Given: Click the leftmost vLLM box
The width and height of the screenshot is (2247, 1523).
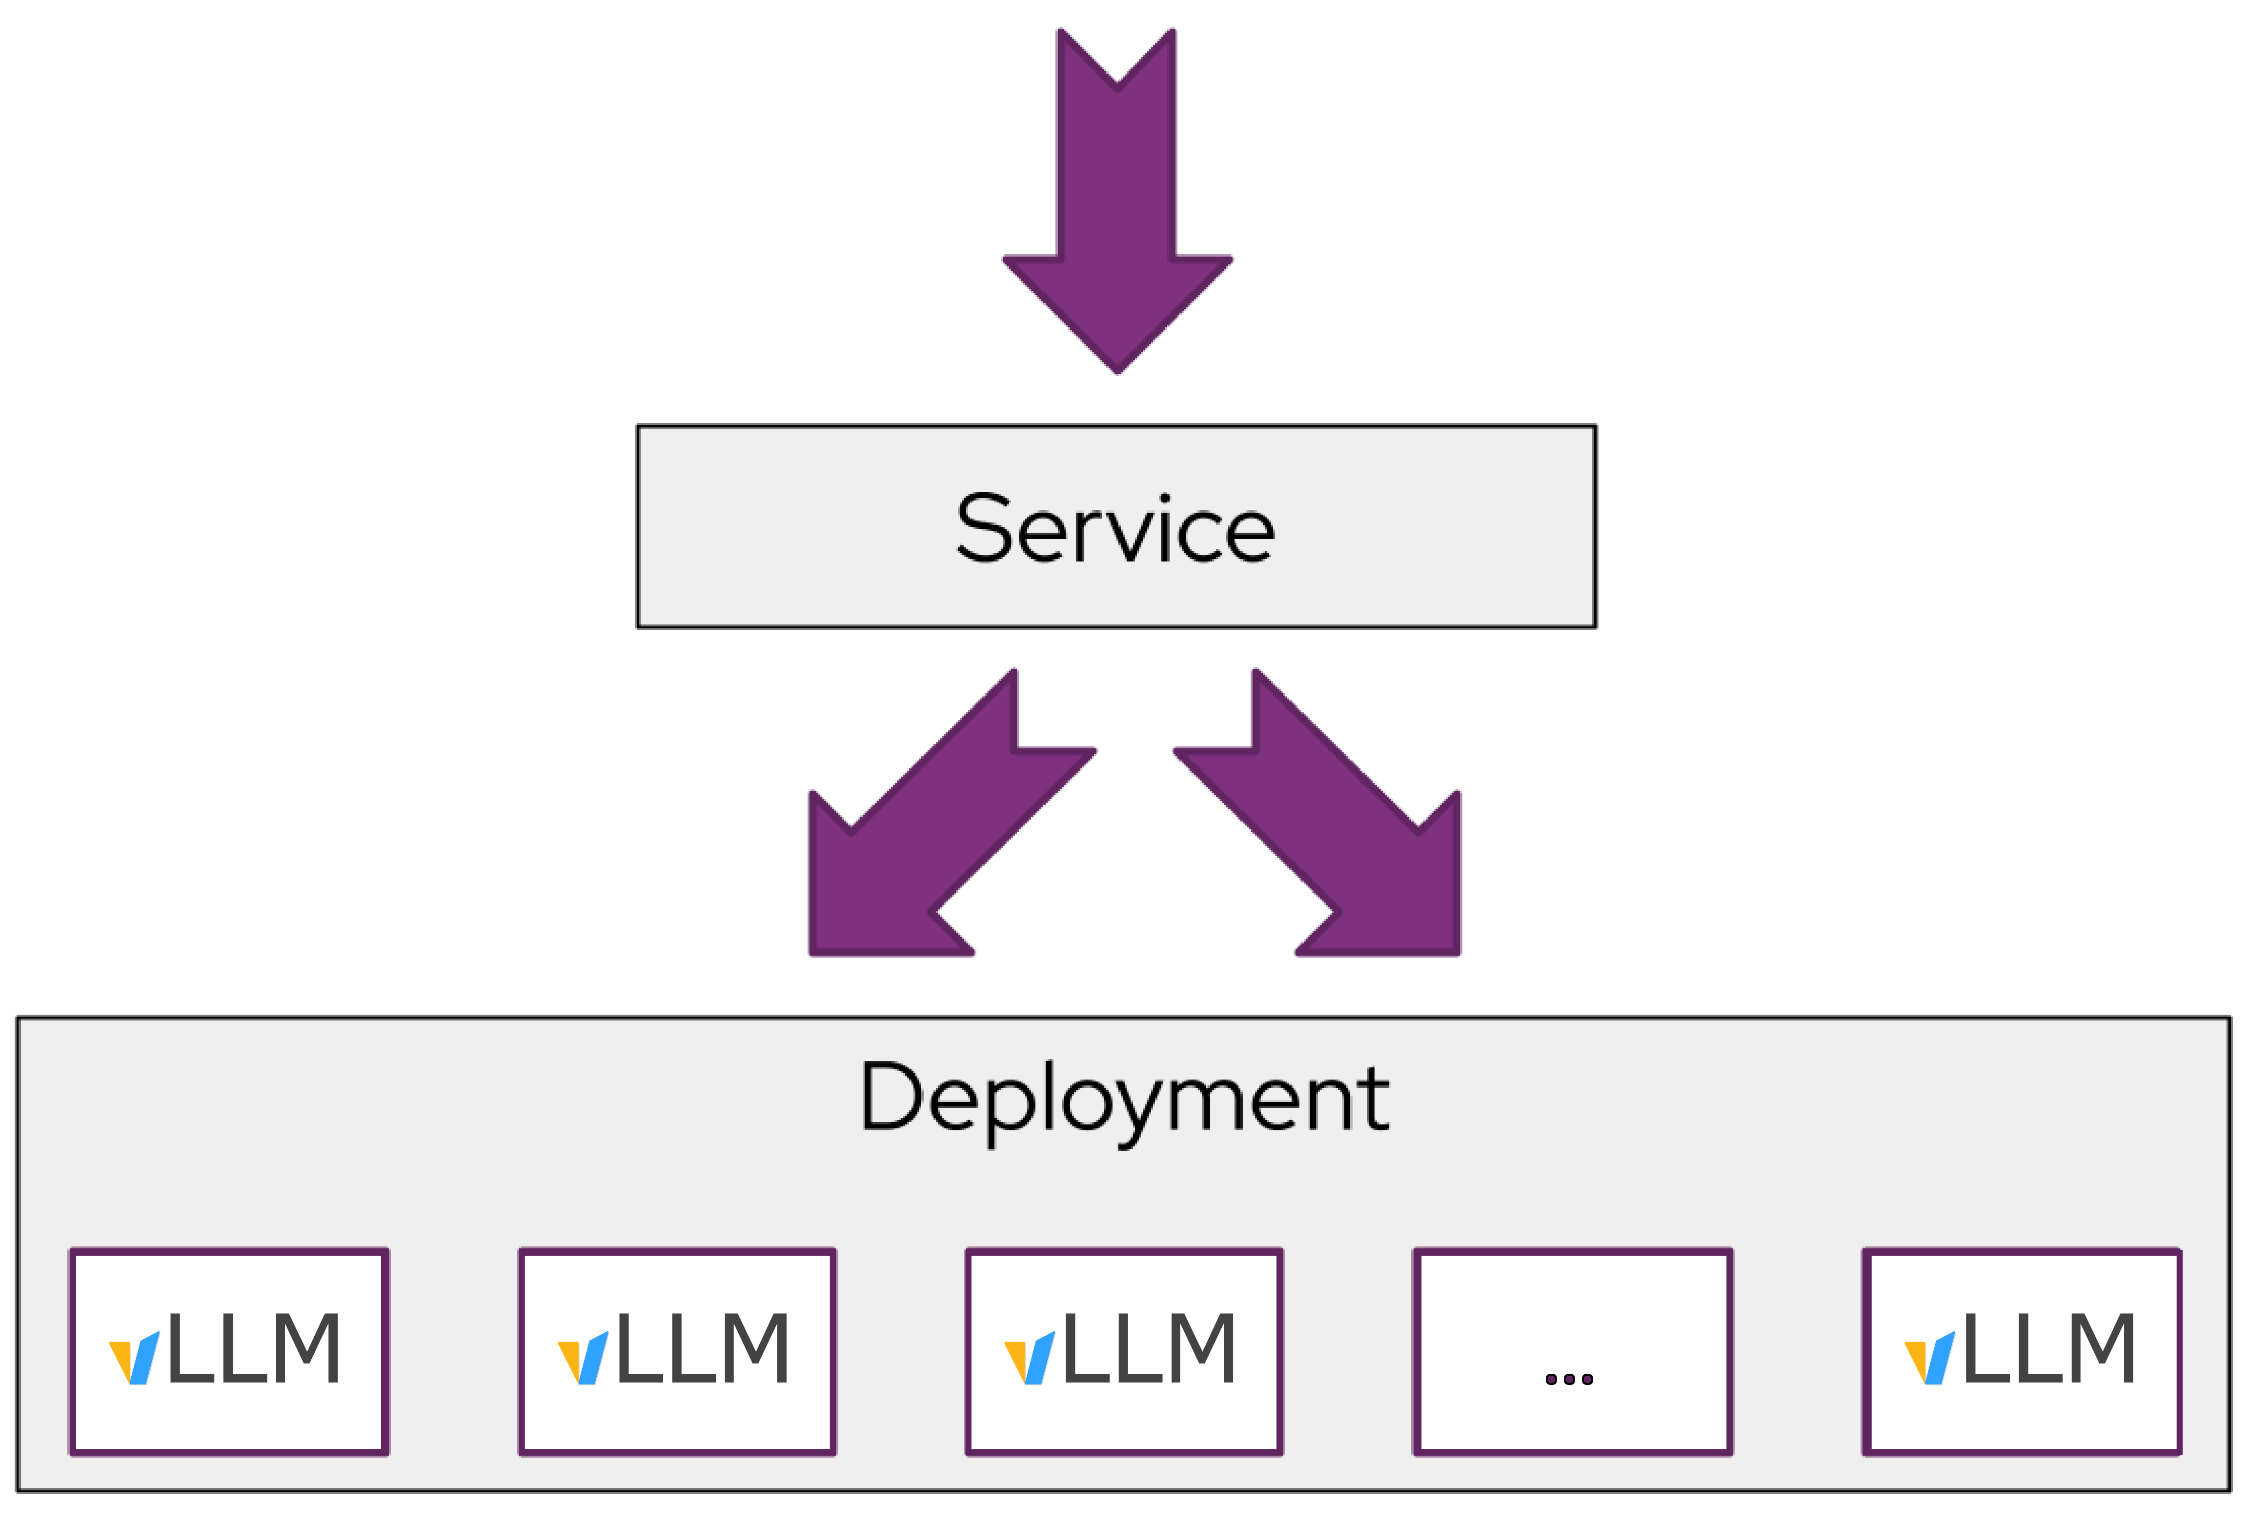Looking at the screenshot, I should (229, 1351).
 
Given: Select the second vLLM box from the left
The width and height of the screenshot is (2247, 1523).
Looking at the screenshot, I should (677, 1351).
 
